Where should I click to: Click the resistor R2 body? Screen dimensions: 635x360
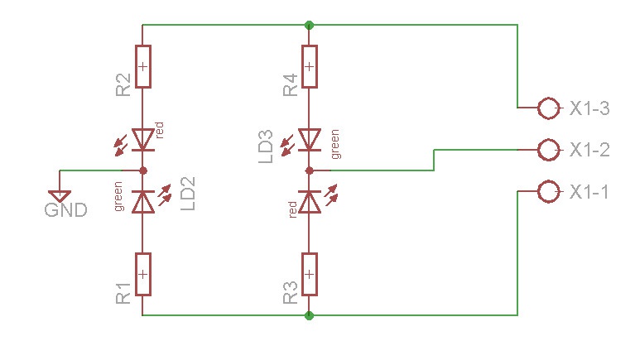pyautogui.click(x=143, y=66)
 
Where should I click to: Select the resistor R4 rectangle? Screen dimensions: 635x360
pyautogui.click(x=310, y=66)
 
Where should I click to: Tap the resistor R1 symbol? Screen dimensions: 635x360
pyautogui.click(x=143, y=275)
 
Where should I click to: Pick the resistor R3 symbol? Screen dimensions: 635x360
pyautogui.click(x=310, y=275)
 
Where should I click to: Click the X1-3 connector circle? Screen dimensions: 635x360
pyautogui.click(x=549, y=98)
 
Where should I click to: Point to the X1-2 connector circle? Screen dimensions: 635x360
pyautogui.click(x=549, y=140)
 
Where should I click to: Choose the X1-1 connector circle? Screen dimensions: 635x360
pyautogui.click(x=549, y=181)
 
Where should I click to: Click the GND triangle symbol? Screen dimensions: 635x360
pyautogui.click(x=60, y=196)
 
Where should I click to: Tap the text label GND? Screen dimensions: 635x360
pyautogui.click(x=65, y=210)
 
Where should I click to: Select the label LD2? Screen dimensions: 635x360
pyautogui.click(x=187, y=194)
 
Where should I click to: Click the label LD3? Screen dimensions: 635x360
pyautogui.click(x=266, y=146)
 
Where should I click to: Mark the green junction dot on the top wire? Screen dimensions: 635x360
pyautogui.click(x=309, y=26)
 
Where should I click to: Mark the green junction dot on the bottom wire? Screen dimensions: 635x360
pyautogui.click(x=309, y=315)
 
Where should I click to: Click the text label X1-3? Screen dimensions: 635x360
pyautogui.click(x=589, y=108)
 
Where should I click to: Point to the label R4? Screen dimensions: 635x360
pyautogui.click(x=291, y=85)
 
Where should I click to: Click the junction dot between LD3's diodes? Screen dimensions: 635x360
pyautogui.click(x=310, y=170)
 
